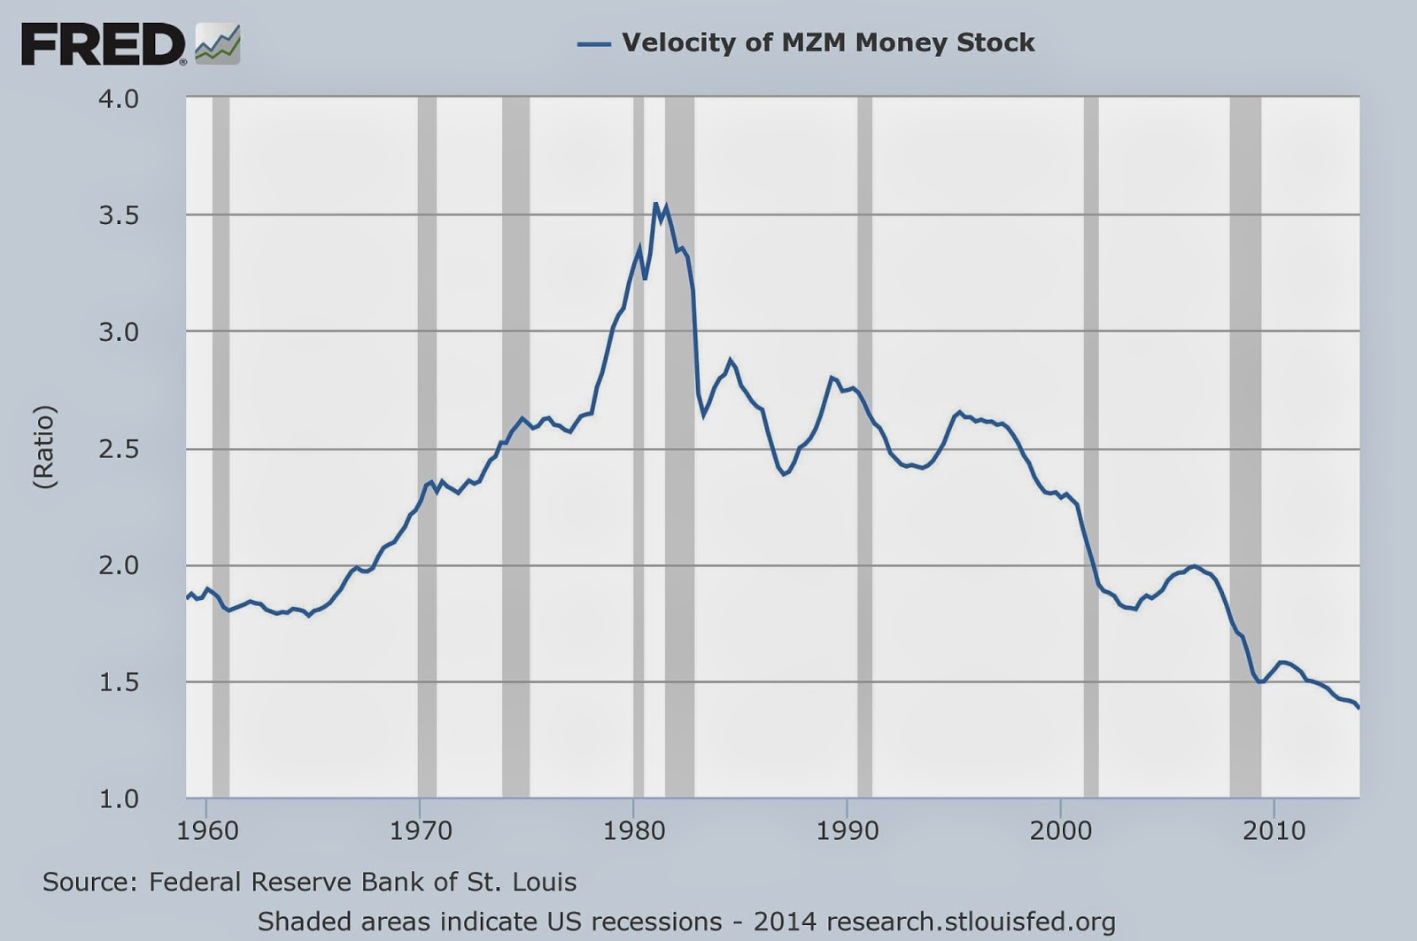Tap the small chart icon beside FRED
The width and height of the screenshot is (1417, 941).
point(217,44)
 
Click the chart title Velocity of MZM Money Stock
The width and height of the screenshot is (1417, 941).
point(828,43)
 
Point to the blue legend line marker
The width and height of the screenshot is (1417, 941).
point(594,43)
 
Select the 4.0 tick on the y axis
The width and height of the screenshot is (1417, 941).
point(119,98)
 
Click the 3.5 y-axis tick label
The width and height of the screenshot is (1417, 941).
point(119,215)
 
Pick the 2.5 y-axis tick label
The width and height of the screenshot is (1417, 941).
point(119,449)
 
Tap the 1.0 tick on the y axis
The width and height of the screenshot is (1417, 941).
point(119,798)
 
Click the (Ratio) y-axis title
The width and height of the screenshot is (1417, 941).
point(44,447)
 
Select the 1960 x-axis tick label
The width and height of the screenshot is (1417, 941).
point(207,830)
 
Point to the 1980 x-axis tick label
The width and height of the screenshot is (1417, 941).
point(634,830)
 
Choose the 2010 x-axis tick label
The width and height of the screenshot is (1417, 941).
point(1274,830)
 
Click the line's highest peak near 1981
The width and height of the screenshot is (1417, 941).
point(656,205)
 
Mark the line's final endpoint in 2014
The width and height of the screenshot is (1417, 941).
point(1359,707)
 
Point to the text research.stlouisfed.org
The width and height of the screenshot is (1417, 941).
point(971,922)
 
